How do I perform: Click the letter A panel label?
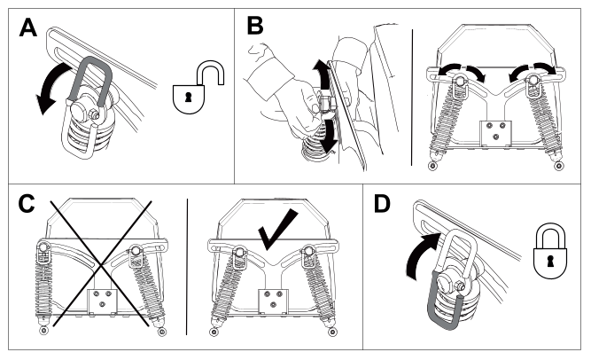[x=27, y=27]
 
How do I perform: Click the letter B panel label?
[x=255, y=26]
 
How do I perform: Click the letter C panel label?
[x=27, y=204]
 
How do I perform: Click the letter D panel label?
[x=382, y=204]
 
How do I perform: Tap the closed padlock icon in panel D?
[x=550, y=251]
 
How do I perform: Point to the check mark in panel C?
[x=277, y=230]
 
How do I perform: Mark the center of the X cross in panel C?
[x=101, y=264]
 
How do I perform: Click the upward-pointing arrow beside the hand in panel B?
[x=321, y=74]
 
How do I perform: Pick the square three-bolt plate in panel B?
[x=495, y=133]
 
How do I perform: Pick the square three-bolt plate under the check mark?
[x=274, y=301]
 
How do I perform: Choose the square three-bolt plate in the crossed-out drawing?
[x=102, y=301]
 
